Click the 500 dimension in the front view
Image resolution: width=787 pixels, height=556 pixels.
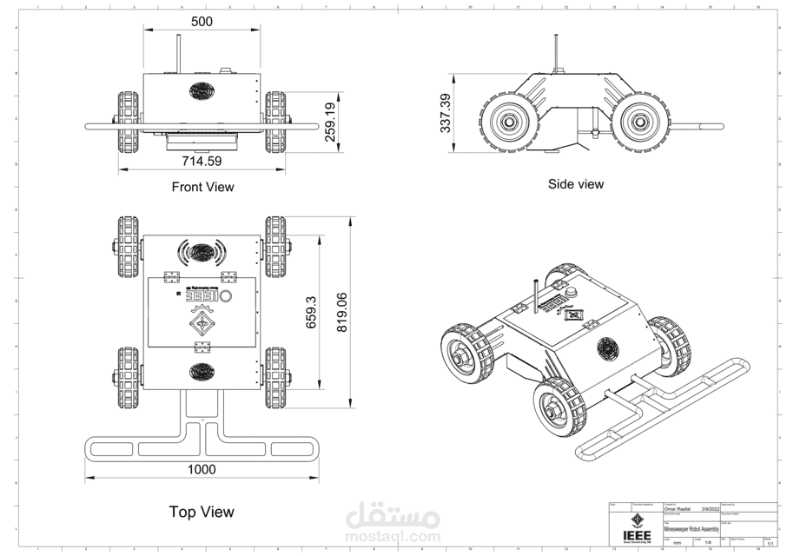202,22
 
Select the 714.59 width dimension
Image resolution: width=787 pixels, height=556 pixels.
202,162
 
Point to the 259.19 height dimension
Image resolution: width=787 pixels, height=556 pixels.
329,126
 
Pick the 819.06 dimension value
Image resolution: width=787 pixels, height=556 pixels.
341,313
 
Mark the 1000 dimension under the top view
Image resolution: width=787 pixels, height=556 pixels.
202,469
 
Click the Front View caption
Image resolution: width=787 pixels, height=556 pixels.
202,187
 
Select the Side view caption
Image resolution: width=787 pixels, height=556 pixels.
575,184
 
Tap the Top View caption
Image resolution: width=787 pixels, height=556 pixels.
202,512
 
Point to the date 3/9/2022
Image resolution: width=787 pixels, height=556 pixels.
711,509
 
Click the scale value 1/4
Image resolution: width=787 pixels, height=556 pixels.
708,543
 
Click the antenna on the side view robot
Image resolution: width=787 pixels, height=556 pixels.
554,52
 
